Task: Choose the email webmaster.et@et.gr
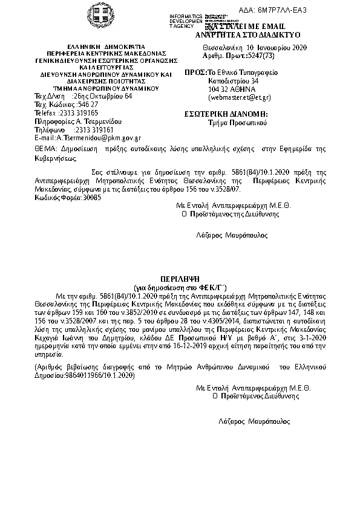(x=239, y=97)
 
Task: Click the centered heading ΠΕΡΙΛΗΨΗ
(x=180, y=282)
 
